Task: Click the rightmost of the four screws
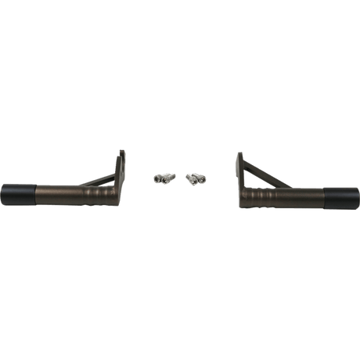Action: click(202, 179)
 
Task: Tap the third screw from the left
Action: click(191, 180)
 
